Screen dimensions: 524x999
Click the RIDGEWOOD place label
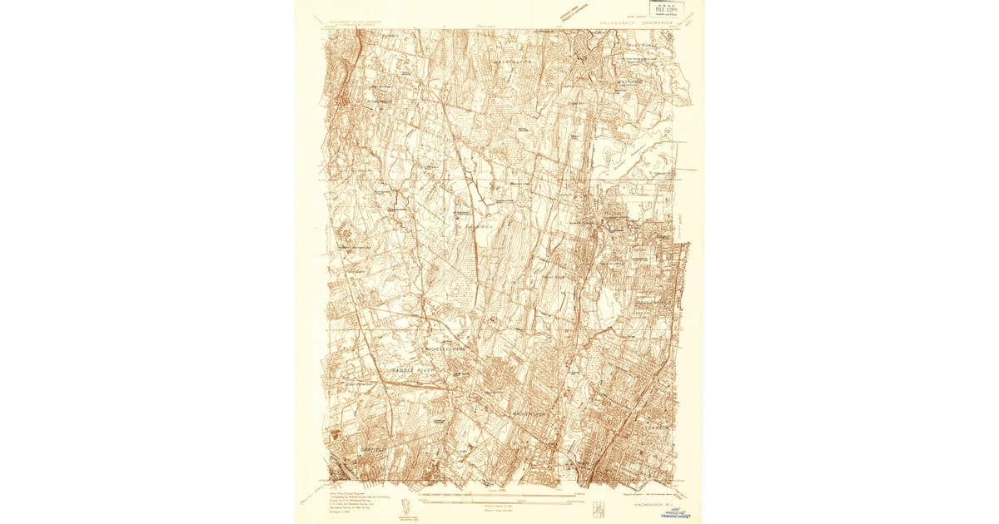click(x=380, y=101)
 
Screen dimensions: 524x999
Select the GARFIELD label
click(x=374, y=449)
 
